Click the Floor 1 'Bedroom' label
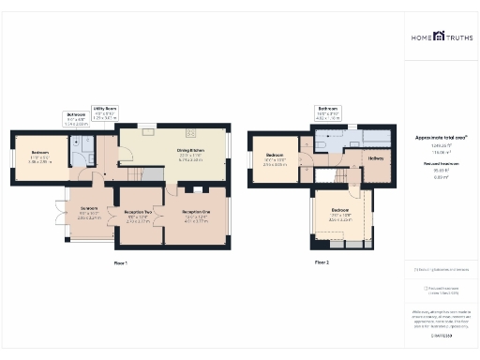click(38, 156)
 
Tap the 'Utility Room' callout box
click(103, 113)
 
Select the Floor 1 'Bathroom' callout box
click(77, 120)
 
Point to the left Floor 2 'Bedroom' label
click(274, 157)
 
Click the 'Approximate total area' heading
click(441, 138)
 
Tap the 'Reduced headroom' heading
click(441, 164)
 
